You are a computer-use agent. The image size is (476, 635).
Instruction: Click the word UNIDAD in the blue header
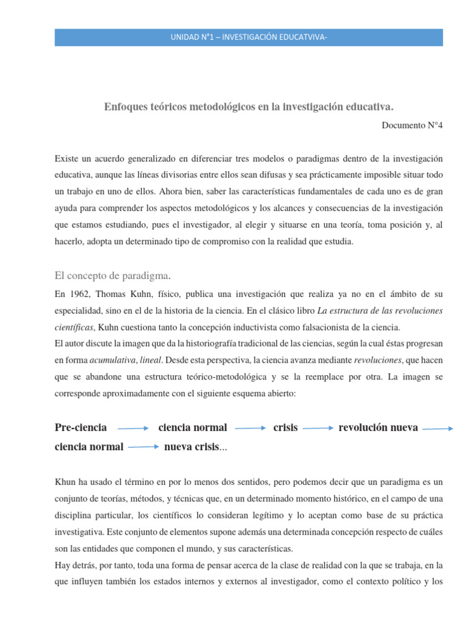[x=184, y=38]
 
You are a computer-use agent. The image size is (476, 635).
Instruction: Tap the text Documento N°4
[x=412, y=125]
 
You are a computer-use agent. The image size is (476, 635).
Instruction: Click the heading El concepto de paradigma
[x=112, y=275]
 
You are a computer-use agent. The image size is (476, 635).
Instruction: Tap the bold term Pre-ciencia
[x=81, y=427]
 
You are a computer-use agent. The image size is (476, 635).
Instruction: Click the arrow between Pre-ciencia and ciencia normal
[x=133, y=428]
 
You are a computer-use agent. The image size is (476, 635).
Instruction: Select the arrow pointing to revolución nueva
[x=318, y=428]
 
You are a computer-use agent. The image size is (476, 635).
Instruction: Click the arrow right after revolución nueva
[x=438, y=428]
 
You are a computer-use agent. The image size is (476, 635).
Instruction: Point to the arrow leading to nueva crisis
[x=143, y=446]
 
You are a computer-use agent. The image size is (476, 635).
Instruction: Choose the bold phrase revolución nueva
[x=378, y=427]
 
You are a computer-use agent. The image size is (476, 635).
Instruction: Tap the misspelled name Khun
[x=66, y=481]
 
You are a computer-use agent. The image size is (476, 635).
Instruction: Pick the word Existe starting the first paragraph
[x=67, y=159]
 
